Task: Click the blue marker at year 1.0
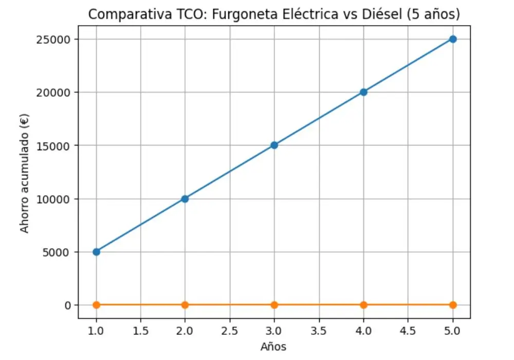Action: pos(96,251)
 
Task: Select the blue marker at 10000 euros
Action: pos(185,199)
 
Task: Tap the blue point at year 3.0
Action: pos(274,145)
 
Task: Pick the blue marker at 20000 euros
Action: pos(363,92)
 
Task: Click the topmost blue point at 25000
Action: pos(452,39)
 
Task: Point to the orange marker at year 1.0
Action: pos(96,305)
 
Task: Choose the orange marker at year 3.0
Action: pos(274,305)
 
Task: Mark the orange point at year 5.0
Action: pos(452,305)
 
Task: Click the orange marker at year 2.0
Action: pos(185,305)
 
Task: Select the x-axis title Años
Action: pos(273,347)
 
